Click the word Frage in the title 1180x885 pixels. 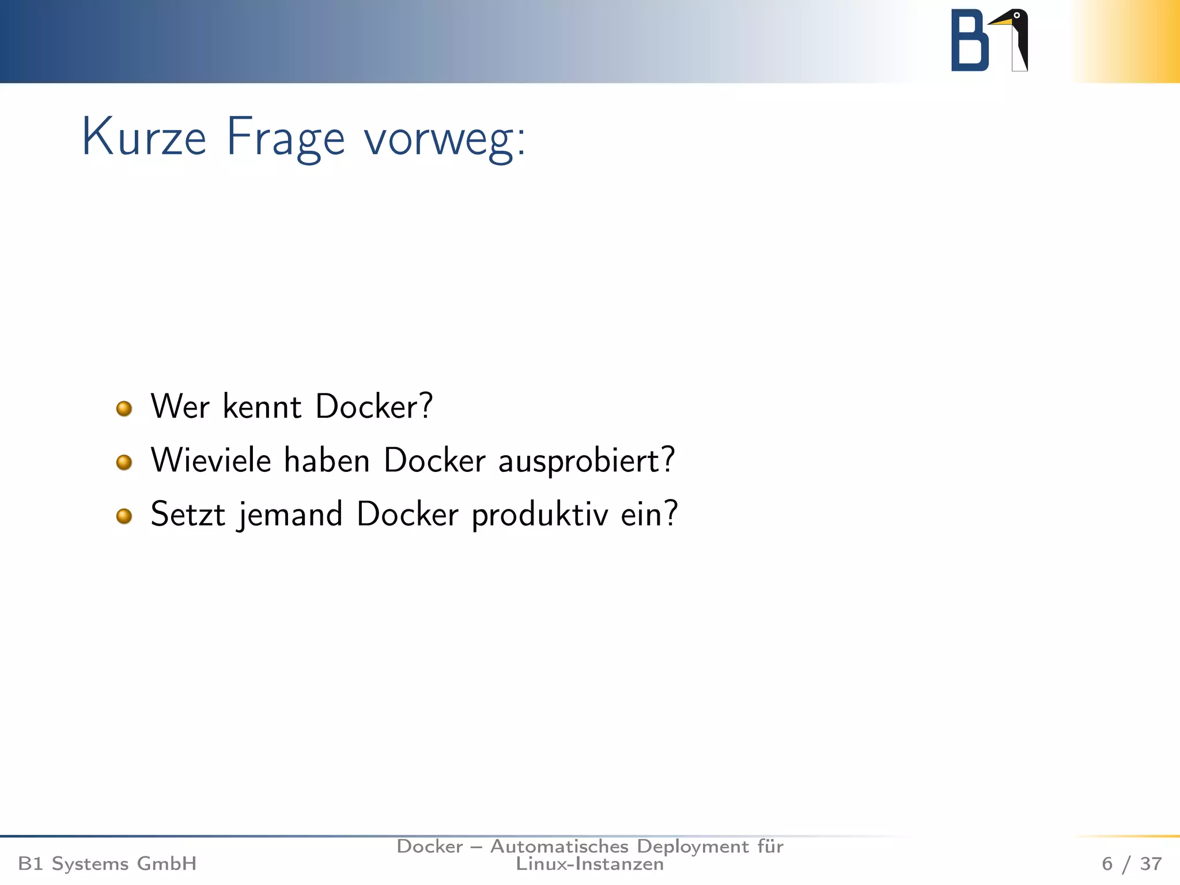coord(285,138)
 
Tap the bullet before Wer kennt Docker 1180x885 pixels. coord(124,409)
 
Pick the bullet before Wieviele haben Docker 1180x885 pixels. coord(124,462)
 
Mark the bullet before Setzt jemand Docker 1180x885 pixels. coord(124,516)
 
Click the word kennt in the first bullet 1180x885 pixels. coord(262,406)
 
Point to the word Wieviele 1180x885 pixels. coord(211,460)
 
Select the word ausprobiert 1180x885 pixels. coord(586,462)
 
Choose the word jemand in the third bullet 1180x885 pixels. coord(290,515)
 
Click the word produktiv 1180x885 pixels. coord(540,515)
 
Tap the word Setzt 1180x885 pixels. coord(187,514)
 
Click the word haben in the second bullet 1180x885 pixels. coord(327,460)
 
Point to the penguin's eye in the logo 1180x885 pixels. coord(1017,16)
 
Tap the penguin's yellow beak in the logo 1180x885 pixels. coord(1001,22)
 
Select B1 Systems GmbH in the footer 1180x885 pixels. coord(107,864)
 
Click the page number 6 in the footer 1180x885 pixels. coord(1107,864)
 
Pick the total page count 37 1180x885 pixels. coord(1151,864)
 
